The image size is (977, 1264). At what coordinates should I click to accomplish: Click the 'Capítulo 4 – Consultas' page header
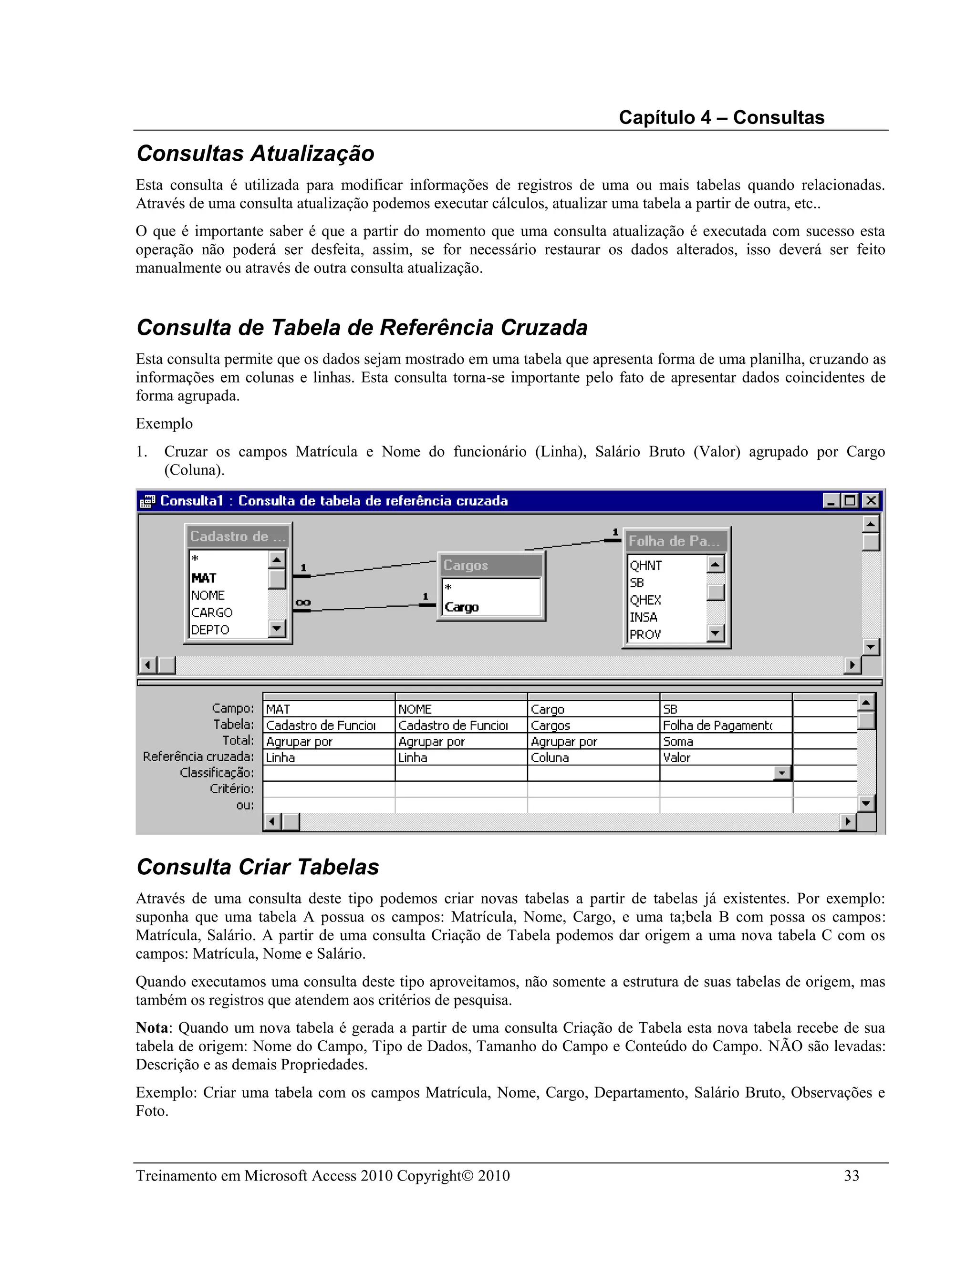[x=721, y=117]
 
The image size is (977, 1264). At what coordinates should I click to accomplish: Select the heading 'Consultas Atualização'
[x=255, y=154]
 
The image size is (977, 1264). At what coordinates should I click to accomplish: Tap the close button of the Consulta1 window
[x=871, y=501]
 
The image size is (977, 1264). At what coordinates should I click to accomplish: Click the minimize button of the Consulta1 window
[x=831, y=501]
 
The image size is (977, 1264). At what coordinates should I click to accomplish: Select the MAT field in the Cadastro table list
[x=204, y=578]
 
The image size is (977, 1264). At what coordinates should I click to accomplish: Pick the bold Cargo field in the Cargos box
[x=461, y=607]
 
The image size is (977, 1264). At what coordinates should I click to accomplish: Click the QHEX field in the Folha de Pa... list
[x=645, y=600]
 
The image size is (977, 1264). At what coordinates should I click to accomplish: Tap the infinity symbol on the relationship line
[x=303, y=602]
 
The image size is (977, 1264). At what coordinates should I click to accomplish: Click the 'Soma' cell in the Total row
[x=678, y=741]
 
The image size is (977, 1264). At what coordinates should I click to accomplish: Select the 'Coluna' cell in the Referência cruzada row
[x=550, y=757]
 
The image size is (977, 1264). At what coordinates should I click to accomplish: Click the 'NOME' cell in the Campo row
[x=415, y=709]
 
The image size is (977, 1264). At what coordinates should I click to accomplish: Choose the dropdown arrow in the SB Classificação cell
[x=782, y=773]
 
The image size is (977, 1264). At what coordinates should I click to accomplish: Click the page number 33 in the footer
[x=852, y=1175]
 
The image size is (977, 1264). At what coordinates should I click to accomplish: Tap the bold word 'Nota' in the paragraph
[x=152, y=1028]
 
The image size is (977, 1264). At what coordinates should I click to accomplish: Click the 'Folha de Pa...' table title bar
[x=674, y=541]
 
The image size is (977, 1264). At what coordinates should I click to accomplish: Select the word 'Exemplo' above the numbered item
[x=165, y=424]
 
